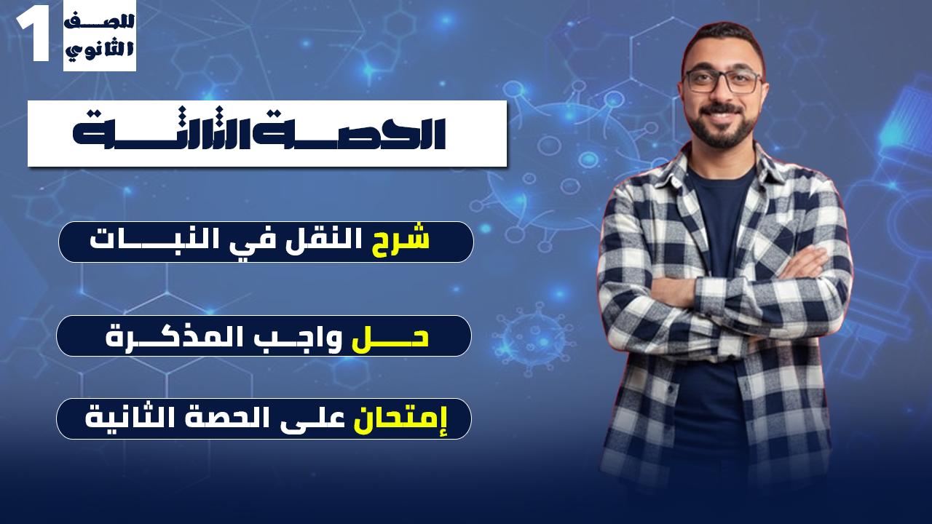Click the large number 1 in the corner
pyautogui.click(x=33, y=36)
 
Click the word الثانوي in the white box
pyautogui.click(x=100, y=50)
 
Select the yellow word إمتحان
pyautogui.click(x=401, y=419)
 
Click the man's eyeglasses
pyautogui.click(x=722, y=81)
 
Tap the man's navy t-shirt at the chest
pyautogui.click(x=721, y=211)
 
